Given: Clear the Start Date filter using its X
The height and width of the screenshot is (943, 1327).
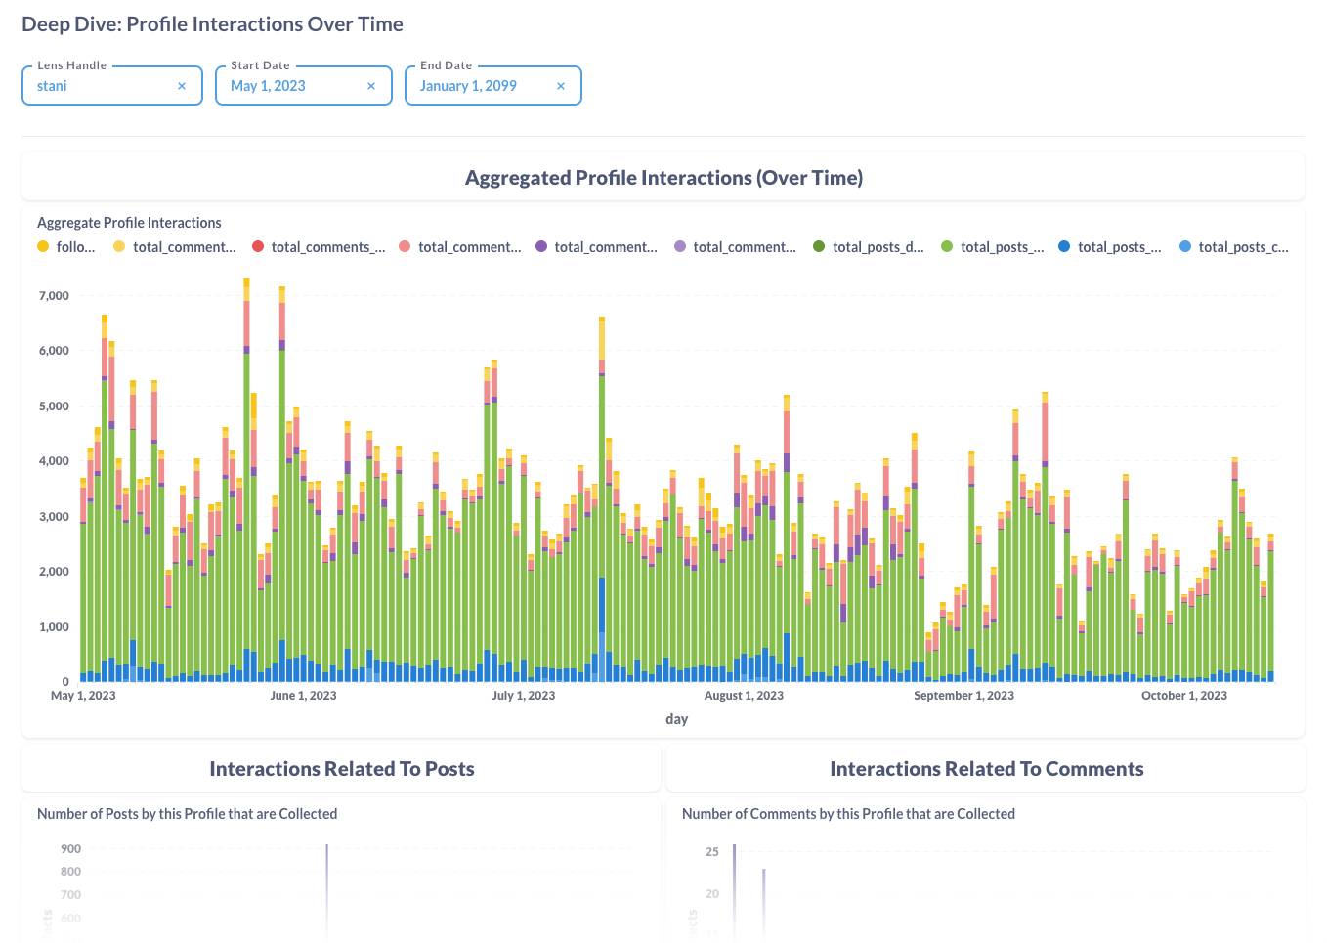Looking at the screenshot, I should pyautogui.click(x=371, y=86).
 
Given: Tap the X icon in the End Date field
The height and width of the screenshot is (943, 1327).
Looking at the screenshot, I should pyautogui.click(x=561, y=86).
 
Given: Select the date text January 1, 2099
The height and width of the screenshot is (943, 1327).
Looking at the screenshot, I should pyautogui.click(x=468, y=86).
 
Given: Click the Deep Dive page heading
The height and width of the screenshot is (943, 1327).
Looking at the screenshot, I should pyautogui.click(x=212, y=24).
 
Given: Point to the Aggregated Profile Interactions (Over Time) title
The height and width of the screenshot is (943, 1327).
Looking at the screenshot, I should pyautogui.click(x=663, y=178).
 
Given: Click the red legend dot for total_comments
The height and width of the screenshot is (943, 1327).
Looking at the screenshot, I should pyautogui.click(x=258, y=247).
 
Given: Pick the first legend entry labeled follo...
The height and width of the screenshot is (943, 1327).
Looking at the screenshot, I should pyautogui.click(x=66, y=247).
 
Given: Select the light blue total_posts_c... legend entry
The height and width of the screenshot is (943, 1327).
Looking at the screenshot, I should pyautogui.click(x=1234, y=247).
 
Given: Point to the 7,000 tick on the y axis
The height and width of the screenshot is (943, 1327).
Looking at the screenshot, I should pyautogui.click(x=54, y=295).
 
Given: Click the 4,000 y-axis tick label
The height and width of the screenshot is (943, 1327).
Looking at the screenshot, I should pyautogui.click(x=54, y=461).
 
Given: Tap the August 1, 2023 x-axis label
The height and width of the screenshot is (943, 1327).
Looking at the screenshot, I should pyautogui.click(x=744, y=696).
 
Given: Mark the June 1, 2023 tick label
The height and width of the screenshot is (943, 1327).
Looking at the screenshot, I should pyautogui.click(x=303, y=696).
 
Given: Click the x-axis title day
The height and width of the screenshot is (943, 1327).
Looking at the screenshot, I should pyautogui.click(x=676, y=719).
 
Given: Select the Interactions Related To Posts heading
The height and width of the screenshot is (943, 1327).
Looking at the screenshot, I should pyautogui.click(x=341, y=769).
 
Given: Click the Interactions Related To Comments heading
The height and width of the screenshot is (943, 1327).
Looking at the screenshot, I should pyautogui.click(x=986, y=769).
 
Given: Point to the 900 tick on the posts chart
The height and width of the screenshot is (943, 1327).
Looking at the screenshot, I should pyautogui.click(x=70, y=849).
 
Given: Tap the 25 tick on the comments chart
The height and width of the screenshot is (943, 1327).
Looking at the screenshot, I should pyautogui.click(x=712, y=852).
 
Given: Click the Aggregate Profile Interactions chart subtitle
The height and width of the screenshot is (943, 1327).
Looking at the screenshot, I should pyautogui.click(x=129, y=223).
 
